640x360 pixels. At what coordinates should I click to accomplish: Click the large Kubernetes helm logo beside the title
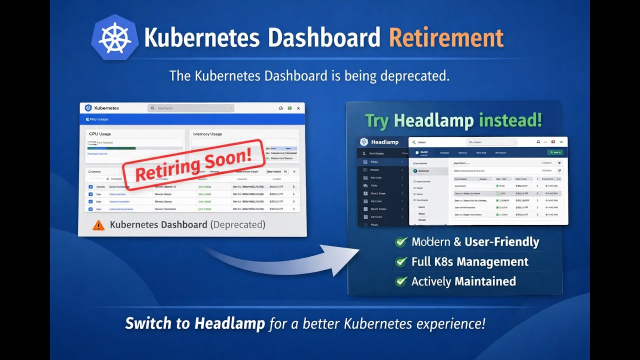pyautogui.click(x=115, y=38)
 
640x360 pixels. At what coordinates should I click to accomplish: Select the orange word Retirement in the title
pyautogui.click(x=446, y=38)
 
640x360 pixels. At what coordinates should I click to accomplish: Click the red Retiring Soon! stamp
pyautogui.click(x=193, y=164)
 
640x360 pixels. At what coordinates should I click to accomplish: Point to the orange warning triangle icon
pyautogui.click(x=98, y=225)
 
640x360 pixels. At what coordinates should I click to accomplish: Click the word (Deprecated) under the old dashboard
pyautogui.click(x=238, y=225)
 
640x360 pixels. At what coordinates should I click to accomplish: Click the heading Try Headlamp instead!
pyautogui.click(x=453, y=120)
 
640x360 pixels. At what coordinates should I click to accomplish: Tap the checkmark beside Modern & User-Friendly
pyautogui.click(x=401, y=242)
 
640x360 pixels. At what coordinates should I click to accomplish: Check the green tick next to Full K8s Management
pyautogui.click(x=401, y=262)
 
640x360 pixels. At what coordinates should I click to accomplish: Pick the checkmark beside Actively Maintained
pyautogui.click(x=401, y=281)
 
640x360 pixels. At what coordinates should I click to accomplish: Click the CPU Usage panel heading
pyautogui.click(x=100, y=134)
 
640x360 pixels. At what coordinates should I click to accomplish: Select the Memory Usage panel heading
pyautogui.click(x=207, y=134)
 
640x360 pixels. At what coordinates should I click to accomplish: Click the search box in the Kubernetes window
pyautogui.click(x=191, y=108)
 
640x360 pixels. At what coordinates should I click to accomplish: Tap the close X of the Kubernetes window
pyautogui.click(x=298, y=108)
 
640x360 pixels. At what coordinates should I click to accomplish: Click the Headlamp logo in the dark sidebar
pyautogui.click(x=364, y=142)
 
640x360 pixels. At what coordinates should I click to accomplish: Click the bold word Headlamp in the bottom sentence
pyautogui.click(x=229, y=323)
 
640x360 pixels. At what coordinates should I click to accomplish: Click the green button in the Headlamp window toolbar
pyautogui.click(x=555, y=152)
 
